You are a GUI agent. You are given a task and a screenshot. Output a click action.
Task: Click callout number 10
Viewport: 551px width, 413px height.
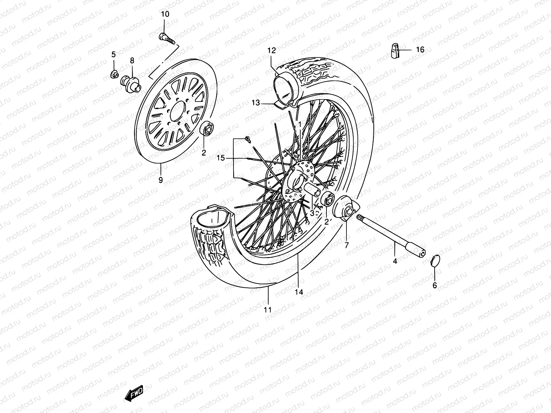tap(165, 14)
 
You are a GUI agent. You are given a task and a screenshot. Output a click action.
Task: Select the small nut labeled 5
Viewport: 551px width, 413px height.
tap(115, 74)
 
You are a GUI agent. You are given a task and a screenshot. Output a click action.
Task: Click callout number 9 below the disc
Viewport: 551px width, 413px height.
tap(160, 180)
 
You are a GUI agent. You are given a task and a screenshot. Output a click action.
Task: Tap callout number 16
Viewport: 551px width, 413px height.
tap(420, 50)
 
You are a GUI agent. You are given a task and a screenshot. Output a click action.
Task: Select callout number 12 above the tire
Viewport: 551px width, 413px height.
tap(272, 51)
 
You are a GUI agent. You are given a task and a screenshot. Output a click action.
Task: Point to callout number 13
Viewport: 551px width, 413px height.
tap(256, 103)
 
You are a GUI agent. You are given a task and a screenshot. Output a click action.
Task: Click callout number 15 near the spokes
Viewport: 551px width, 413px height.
tap(220, 158)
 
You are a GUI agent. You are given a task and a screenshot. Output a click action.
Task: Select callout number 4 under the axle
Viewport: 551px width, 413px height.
tap(395, 261)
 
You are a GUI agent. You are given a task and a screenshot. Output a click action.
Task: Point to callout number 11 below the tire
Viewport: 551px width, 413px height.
tap(268, 309)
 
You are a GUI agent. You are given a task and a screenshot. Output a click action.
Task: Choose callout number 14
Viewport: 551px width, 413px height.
tap(299, 292)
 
